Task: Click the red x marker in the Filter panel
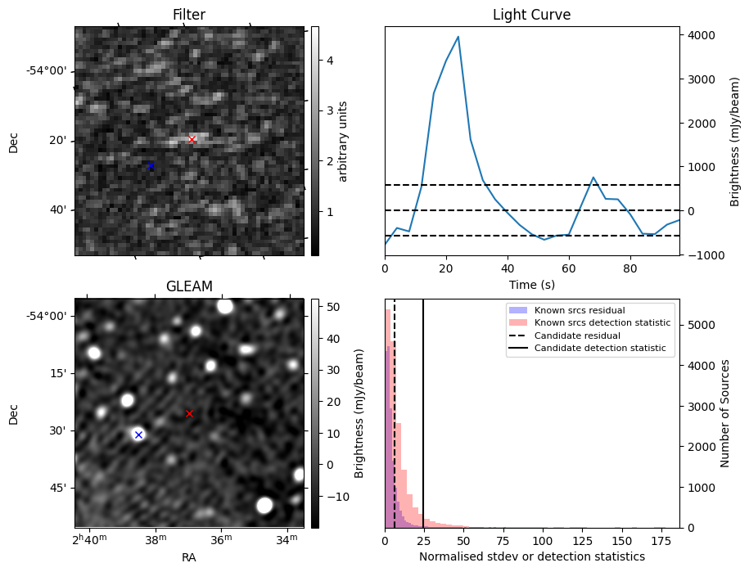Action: (192, 139)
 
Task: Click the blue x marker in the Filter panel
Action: (151, 165)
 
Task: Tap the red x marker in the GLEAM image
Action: (189, 413)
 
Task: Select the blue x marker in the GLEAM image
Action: (138, 435)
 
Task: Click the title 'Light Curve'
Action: (531, 15)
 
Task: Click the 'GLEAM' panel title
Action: (189, 286)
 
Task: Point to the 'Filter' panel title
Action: (189, 15)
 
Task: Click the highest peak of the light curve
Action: (458, 37)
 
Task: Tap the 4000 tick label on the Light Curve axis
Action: (705, 35)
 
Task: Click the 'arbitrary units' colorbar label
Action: (344, 141)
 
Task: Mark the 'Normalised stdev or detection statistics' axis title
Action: (531, 556)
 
